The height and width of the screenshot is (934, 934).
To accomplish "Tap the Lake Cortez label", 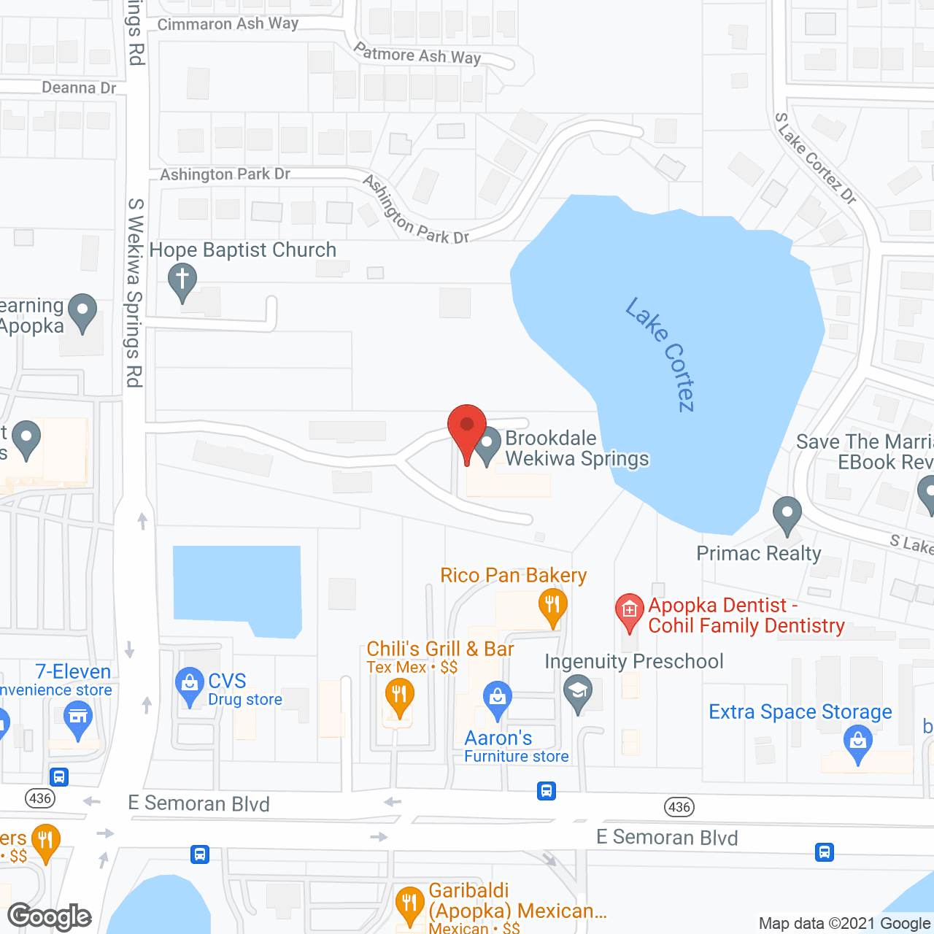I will (660, 355).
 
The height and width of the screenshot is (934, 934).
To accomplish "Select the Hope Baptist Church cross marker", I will (182, 280).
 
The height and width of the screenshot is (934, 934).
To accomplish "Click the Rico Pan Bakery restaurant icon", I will (552, 606).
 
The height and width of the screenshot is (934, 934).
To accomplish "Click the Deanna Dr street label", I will (79, 88).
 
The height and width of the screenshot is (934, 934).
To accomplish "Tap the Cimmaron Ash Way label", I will (228, 24).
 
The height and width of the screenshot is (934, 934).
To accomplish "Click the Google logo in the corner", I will (50, 916).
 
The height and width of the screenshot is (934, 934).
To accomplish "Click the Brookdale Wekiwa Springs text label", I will (576, 448).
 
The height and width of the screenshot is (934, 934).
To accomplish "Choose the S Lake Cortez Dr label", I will (815, 158).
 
